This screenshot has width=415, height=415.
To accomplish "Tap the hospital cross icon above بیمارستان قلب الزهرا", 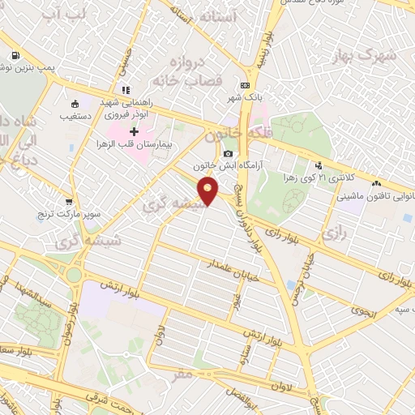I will coord(135,131).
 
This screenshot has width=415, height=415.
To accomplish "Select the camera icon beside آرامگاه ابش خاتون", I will coord(228,154).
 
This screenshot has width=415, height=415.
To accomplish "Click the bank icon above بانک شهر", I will coord(244,85).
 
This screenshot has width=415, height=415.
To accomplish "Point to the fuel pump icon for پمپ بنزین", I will coord(15,56).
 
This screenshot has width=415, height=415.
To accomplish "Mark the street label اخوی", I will coord(362,310).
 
